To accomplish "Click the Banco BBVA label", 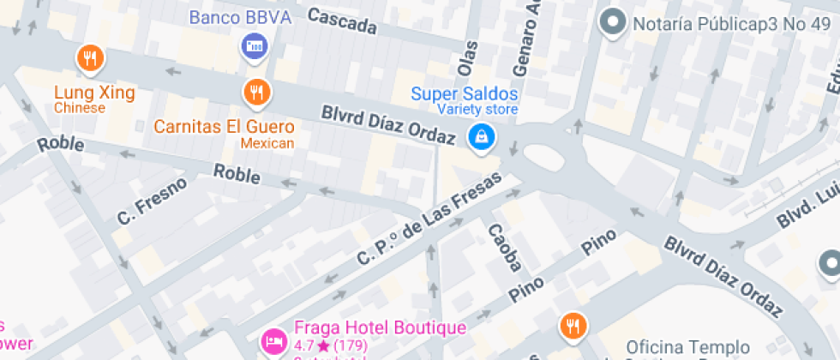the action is pyautogui.click(x=240, y=17).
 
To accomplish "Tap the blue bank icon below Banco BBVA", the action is pyautogui.click(x=255, y=46).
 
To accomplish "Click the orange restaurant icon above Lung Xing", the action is pyautogui.click(x=90, y=58).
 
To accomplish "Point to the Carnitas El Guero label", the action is pyautogui.click(x=224, y=127).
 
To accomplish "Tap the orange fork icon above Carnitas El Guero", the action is pyautogui.click(x=255, y=91).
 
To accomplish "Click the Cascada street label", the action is pyautogui.click(x=342, y=21).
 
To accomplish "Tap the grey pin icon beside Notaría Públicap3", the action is pyautogui.click(x=614, y=23).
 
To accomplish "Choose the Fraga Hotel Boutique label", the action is pyautogui.click(x=380, y=327).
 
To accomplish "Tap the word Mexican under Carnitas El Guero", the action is pyautogui.click(x=267, y=143).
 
